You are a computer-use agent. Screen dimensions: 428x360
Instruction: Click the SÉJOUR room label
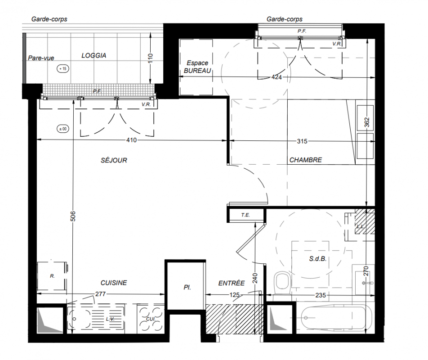coord(114,160)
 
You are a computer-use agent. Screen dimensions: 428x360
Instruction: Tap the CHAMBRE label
coord(305,160)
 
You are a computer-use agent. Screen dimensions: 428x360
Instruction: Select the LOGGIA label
coord(94,55)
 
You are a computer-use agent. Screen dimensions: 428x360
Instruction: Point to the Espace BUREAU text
coord(197,67)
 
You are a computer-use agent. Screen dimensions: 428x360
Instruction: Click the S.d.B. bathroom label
coord(318,258)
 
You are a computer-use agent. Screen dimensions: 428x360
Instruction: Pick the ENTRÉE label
coord(232,283)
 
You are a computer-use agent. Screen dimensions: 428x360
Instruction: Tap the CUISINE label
coord(114,283)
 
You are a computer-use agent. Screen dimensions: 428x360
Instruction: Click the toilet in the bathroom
coord(282,282)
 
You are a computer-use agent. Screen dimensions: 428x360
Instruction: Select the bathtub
coord(336,318)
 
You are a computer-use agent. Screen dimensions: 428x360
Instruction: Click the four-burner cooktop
coord(151,319)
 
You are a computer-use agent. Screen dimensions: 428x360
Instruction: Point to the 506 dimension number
coord(73,216)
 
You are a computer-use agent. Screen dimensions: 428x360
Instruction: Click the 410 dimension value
coord(131,140)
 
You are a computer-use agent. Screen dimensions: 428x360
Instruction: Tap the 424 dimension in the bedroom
coord(276,77)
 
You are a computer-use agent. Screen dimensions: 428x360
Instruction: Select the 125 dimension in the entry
coord(235,295)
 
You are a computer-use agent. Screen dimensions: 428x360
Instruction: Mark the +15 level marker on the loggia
coord(63,68)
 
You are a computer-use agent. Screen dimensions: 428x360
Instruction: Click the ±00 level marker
coord(63,129)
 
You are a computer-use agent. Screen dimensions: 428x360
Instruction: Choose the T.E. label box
coord(245,215)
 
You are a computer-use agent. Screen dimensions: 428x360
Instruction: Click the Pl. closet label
coord(187,288)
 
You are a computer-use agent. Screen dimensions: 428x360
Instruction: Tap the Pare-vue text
coord(41,58)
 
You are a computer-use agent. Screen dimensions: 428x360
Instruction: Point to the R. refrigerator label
coord(52,276)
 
